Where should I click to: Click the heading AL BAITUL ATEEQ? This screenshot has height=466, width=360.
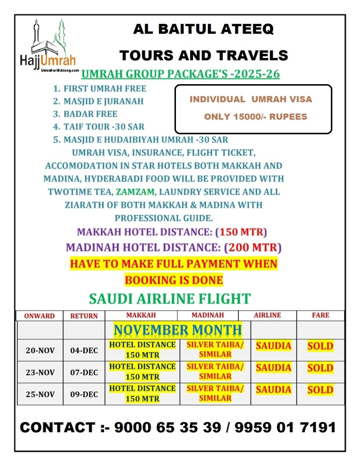[x=203, y=30]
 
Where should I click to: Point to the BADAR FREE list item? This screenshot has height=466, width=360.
[x=90, y=114]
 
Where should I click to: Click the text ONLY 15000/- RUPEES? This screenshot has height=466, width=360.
[x=256, y=117]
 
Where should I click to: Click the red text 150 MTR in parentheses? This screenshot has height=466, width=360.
[x=241, y=232]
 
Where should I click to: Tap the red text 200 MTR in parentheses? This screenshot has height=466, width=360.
[x=253, y=247]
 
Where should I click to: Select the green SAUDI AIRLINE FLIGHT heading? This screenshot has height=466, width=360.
[x=170, y=299]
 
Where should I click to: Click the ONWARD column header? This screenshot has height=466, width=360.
[x=39, y=316]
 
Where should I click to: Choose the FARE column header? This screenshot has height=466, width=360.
[x=320, y=315]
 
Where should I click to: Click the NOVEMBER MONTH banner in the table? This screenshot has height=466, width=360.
[x=178, y=329]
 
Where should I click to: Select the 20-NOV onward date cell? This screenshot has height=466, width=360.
[x=40, y=351]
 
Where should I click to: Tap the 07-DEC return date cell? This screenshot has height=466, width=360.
[x=84, y=372]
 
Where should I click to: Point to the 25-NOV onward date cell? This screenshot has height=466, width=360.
[x=40, y=395]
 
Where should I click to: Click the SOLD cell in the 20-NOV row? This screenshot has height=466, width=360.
[x=320, y=347]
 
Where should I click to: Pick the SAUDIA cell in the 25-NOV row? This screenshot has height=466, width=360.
[x=274, y=390]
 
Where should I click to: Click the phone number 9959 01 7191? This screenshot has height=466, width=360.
[x=285, y=427]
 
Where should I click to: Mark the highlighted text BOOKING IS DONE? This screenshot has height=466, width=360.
[x=174, y=280]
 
